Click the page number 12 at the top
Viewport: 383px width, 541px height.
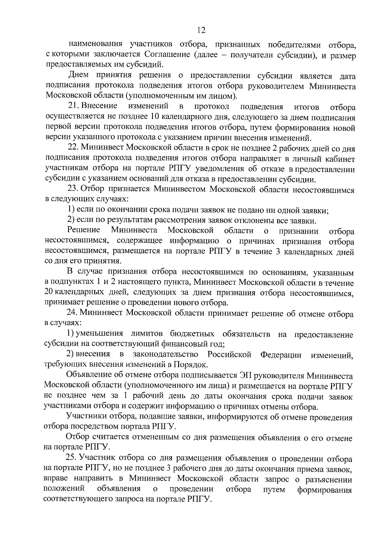(201, 30)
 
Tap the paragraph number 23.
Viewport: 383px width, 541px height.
(73, 189)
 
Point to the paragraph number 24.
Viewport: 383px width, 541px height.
(72, 314)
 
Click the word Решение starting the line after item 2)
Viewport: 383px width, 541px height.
(84, 230)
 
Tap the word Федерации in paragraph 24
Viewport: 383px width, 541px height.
(281, 355)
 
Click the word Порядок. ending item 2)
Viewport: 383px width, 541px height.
(190, 364)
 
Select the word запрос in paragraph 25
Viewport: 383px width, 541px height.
(292, 479)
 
